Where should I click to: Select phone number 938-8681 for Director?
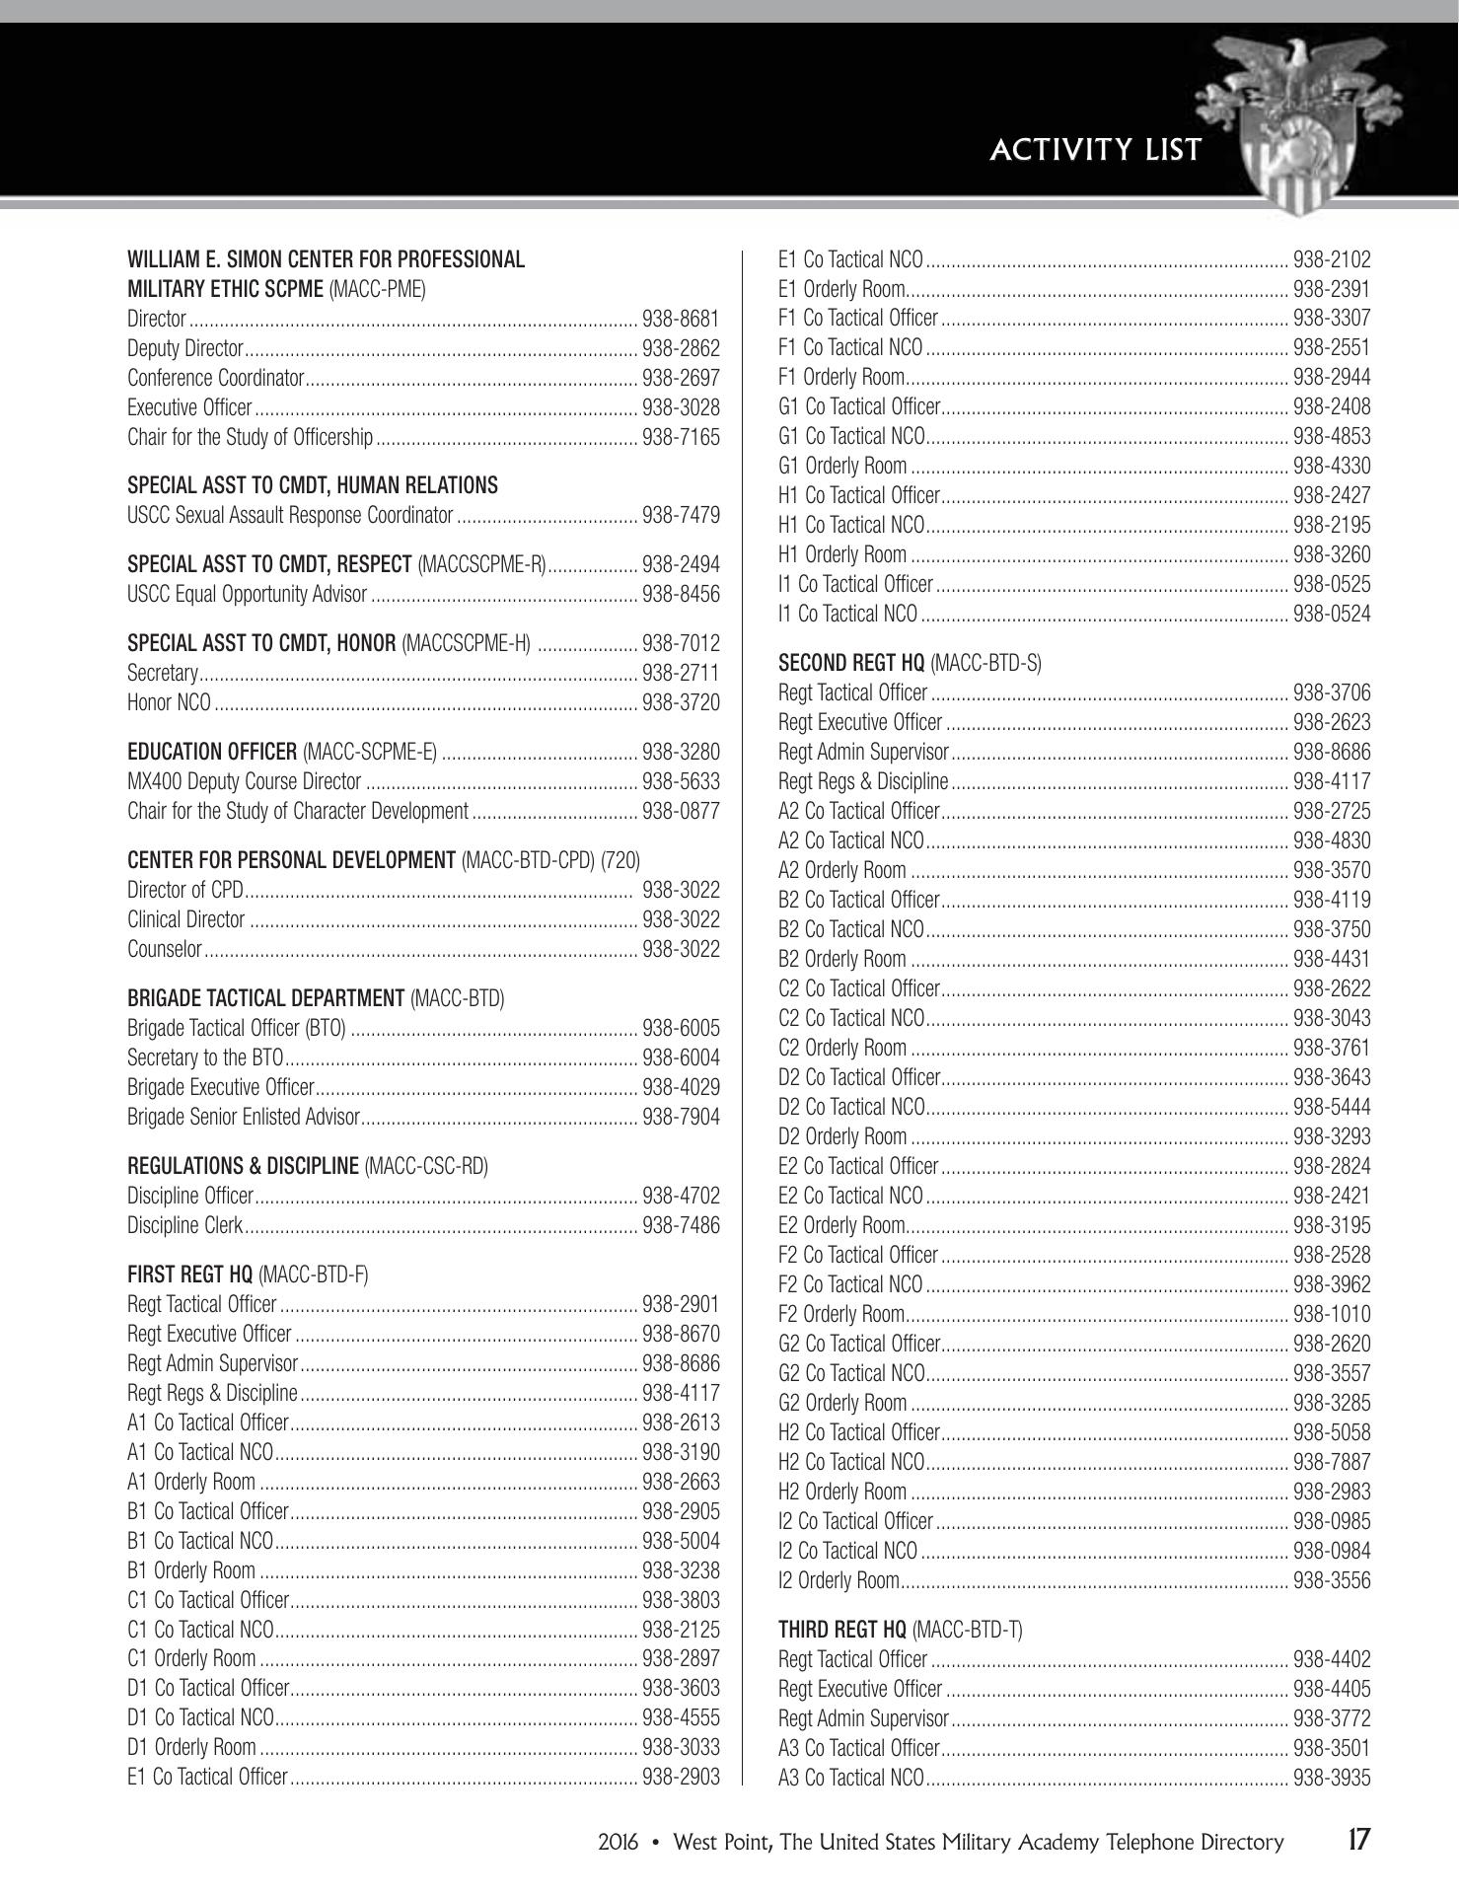tap(681, 319)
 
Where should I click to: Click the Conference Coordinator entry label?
tap(215, 378)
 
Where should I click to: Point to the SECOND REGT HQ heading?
tap(910, 663)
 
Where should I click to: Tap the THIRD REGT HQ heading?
tap(900, 1630)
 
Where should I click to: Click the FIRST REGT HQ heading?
tap(248, 1275)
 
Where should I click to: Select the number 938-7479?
tap(681, 515)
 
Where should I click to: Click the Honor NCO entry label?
tap(169, 702)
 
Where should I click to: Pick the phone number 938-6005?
tap(681, 1028)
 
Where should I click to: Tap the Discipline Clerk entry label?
tap(184, 1225)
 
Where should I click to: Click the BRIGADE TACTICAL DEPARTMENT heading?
tap(316, 998)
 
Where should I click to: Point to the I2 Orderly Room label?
tap(838, 1580)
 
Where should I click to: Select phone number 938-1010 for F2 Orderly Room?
tap(1332, 1314)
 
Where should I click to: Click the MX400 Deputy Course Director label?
tap(244, 781)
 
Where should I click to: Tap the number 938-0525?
tap(1332, 584)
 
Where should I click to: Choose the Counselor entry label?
tap(164, 949)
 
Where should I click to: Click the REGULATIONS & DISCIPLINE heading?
tap(308, 1166)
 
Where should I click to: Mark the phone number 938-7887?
tap(1332, 1462)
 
